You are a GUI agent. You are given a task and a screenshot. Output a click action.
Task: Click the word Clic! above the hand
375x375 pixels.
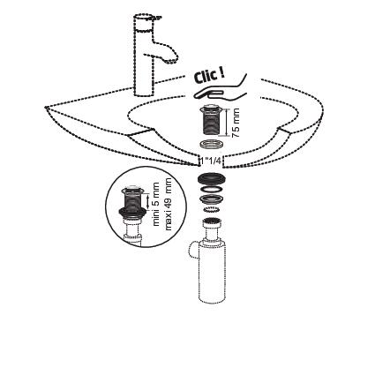coord(209,76)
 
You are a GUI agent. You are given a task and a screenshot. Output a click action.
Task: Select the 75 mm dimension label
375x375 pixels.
coord(236,123)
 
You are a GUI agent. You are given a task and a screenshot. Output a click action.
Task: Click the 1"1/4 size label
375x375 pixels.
coord(212,161)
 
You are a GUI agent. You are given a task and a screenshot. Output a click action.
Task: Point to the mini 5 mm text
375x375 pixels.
coord(155,204)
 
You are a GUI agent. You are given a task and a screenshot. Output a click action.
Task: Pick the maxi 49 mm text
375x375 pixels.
coord(168,204)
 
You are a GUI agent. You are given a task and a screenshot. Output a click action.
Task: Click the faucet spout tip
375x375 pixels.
coord(172,61)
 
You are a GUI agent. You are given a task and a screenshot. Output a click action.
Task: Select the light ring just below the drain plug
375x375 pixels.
coord(211,145)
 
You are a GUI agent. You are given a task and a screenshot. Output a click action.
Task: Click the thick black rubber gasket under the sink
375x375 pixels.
coord(212,178)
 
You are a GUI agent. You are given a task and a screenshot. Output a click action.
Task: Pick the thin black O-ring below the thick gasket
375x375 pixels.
coord(212,190)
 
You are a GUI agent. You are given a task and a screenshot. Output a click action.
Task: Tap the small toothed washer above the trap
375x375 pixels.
coord(212,210)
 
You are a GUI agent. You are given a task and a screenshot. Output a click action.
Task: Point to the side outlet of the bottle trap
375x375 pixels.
coord(192,251)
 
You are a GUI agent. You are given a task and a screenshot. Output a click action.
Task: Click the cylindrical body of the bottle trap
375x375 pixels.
coord(214,271)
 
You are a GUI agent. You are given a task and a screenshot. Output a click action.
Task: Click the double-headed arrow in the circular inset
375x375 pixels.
coord(147,201)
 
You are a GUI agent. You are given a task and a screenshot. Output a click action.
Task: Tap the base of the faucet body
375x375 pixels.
coord(144,92)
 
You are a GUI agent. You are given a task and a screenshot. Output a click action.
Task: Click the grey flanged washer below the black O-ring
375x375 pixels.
coord(212,199)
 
